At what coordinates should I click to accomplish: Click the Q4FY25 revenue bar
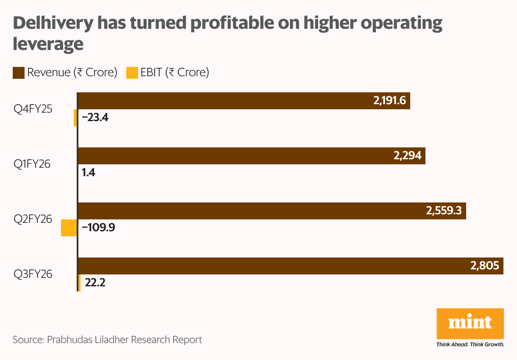[244, 101]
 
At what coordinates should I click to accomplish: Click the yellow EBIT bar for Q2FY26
[69, 228]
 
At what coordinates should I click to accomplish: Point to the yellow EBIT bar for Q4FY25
[75, 118]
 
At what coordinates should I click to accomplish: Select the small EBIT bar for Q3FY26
[79, 282]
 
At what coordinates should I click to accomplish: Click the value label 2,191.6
[390, 101]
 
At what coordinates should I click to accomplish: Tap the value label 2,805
[485, 266]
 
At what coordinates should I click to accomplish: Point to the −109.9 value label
[98, 228]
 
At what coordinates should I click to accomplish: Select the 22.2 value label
[95, 282]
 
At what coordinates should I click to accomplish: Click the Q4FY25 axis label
[33, 109]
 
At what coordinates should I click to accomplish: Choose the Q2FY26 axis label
[33, 219]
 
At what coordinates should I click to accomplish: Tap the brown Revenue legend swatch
[19, 72]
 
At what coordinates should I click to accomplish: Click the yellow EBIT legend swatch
[132, 72]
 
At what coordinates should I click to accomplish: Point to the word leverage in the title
[48, 44]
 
